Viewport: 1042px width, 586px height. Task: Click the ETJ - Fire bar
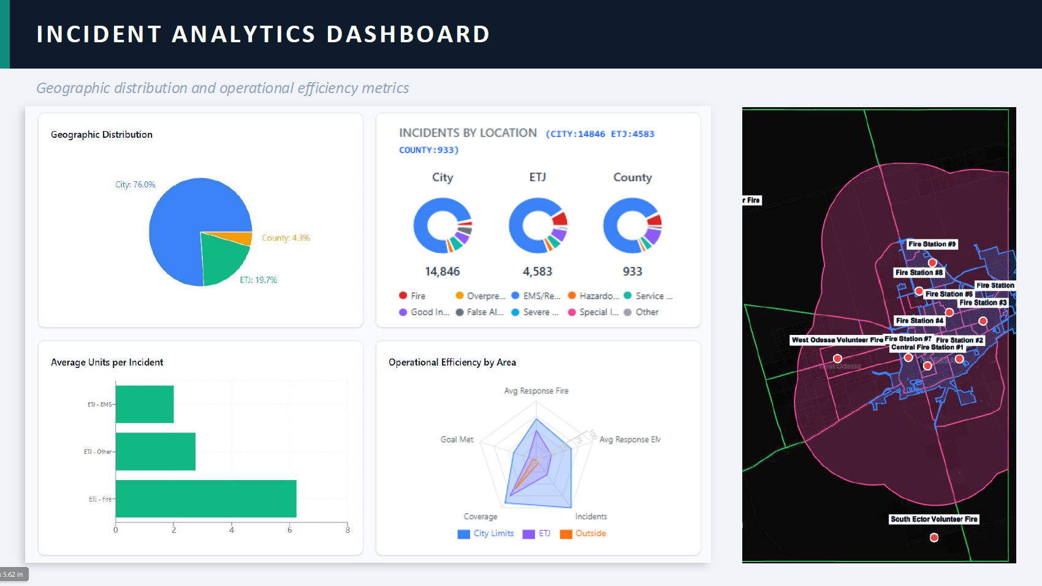pos(206,498)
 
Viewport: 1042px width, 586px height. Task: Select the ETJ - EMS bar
pos(145,404)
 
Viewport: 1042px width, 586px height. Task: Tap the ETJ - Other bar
pos(156,451)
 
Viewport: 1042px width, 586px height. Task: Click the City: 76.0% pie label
pos(135,184)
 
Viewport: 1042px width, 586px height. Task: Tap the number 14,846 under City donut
pos(442,271)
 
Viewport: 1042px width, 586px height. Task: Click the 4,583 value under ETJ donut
pos(538,271)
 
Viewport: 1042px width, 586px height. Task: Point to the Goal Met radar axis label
pos(457,440)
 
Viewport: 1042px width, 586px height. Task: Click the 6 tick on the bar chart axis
pos(290,530)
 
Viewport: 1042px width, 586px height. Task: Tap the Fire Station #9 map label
pos(932,244)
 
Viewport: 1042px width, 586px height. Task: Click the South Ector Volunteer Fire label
pos(934,519)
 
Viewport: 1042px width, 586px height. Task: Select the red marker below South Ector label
pos(934,538)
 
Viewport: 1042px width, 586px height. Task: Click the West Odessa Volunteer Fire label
pos(837,340)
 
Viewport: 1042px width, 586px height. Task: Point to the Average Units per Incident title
pos(107,362)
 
